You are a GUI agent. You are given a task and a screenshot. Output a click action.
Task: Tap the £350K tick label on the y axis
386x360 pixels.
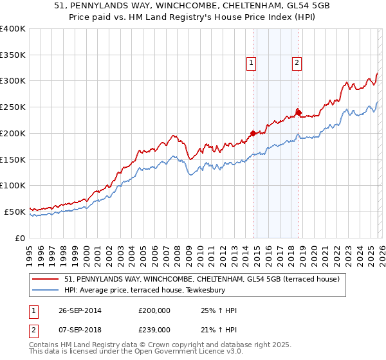pos(13,55)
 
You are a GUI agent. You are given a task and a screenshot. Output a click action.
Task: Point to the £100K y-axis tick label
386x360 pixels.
pos(13,185)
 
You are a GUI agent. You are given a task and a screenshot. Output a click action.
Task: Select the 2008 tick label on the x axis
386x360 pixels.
pos(177,251)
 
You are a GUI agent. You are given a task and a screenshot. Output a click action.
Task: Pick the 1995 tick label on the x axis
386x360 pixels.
pos(30,251)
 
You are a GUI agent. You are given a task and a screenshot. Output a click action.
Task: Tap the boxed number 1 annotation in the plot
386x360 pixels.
pos(250,62)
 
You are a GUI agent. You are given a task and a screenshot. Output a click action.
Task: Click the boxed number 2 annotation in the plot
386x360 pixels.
pos(297,62)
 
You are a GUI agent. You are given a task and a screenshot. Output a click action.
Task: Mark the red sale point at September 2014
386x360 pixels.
pos(253,133)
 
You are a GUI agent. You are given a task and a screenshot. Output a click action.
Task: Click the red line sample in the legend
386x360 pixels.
pos(46,279)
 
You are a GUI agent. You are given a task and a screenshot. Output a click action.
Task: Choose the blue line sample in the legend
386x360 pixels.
pos(46,290)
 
